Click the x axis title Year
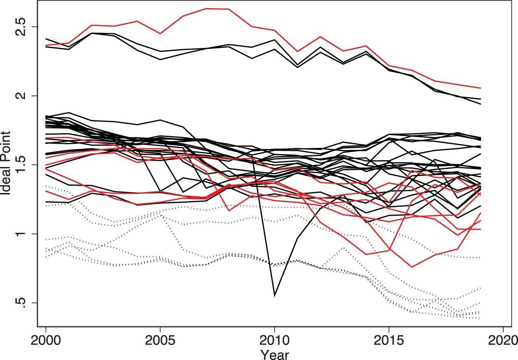275,354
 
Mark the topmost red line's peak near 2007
206,9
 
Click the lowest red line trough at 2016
412,267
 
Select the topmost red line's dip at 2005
160,33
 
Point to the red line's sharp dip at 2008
229,210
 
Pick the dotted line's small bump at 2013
343,247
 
